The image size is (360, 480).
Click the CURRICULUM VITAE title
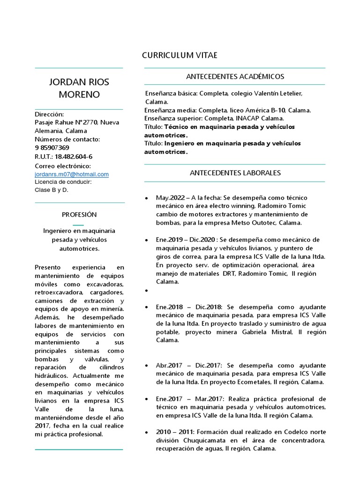click(180, 55)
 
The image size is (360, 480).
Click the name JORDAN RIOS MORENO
click(79, 88)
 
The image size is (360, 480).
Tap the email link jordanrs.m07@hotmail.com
click(72, 174)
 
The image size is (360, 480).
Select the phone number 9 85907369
click(52, 148)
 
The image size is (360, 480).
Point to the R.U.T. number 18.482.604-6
click(74, 156)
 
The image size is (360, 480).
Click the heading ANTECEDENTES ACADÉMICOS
click(235, 76)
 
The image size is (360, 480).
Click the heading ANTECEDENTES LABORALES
click(235, 172)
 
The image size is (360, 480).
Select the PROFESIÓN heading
click(79, 214)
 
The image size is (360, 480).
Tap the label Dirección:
click(49, 114)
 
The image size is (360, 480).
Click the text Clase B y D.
click(52, 190)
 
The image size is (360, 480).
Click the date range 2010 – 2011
click(176, 432)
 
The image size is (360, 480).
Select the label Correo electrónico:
click(63, 166)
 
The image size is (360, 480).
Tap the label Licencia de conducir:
click(63, 182)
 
